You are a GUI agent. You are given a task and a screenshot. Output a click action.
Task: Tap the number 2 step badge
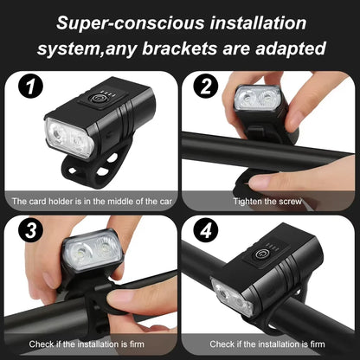coord(205,87)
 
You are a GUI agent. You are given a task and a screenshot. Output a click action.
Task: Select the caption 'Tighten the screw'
coord(268,201)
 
